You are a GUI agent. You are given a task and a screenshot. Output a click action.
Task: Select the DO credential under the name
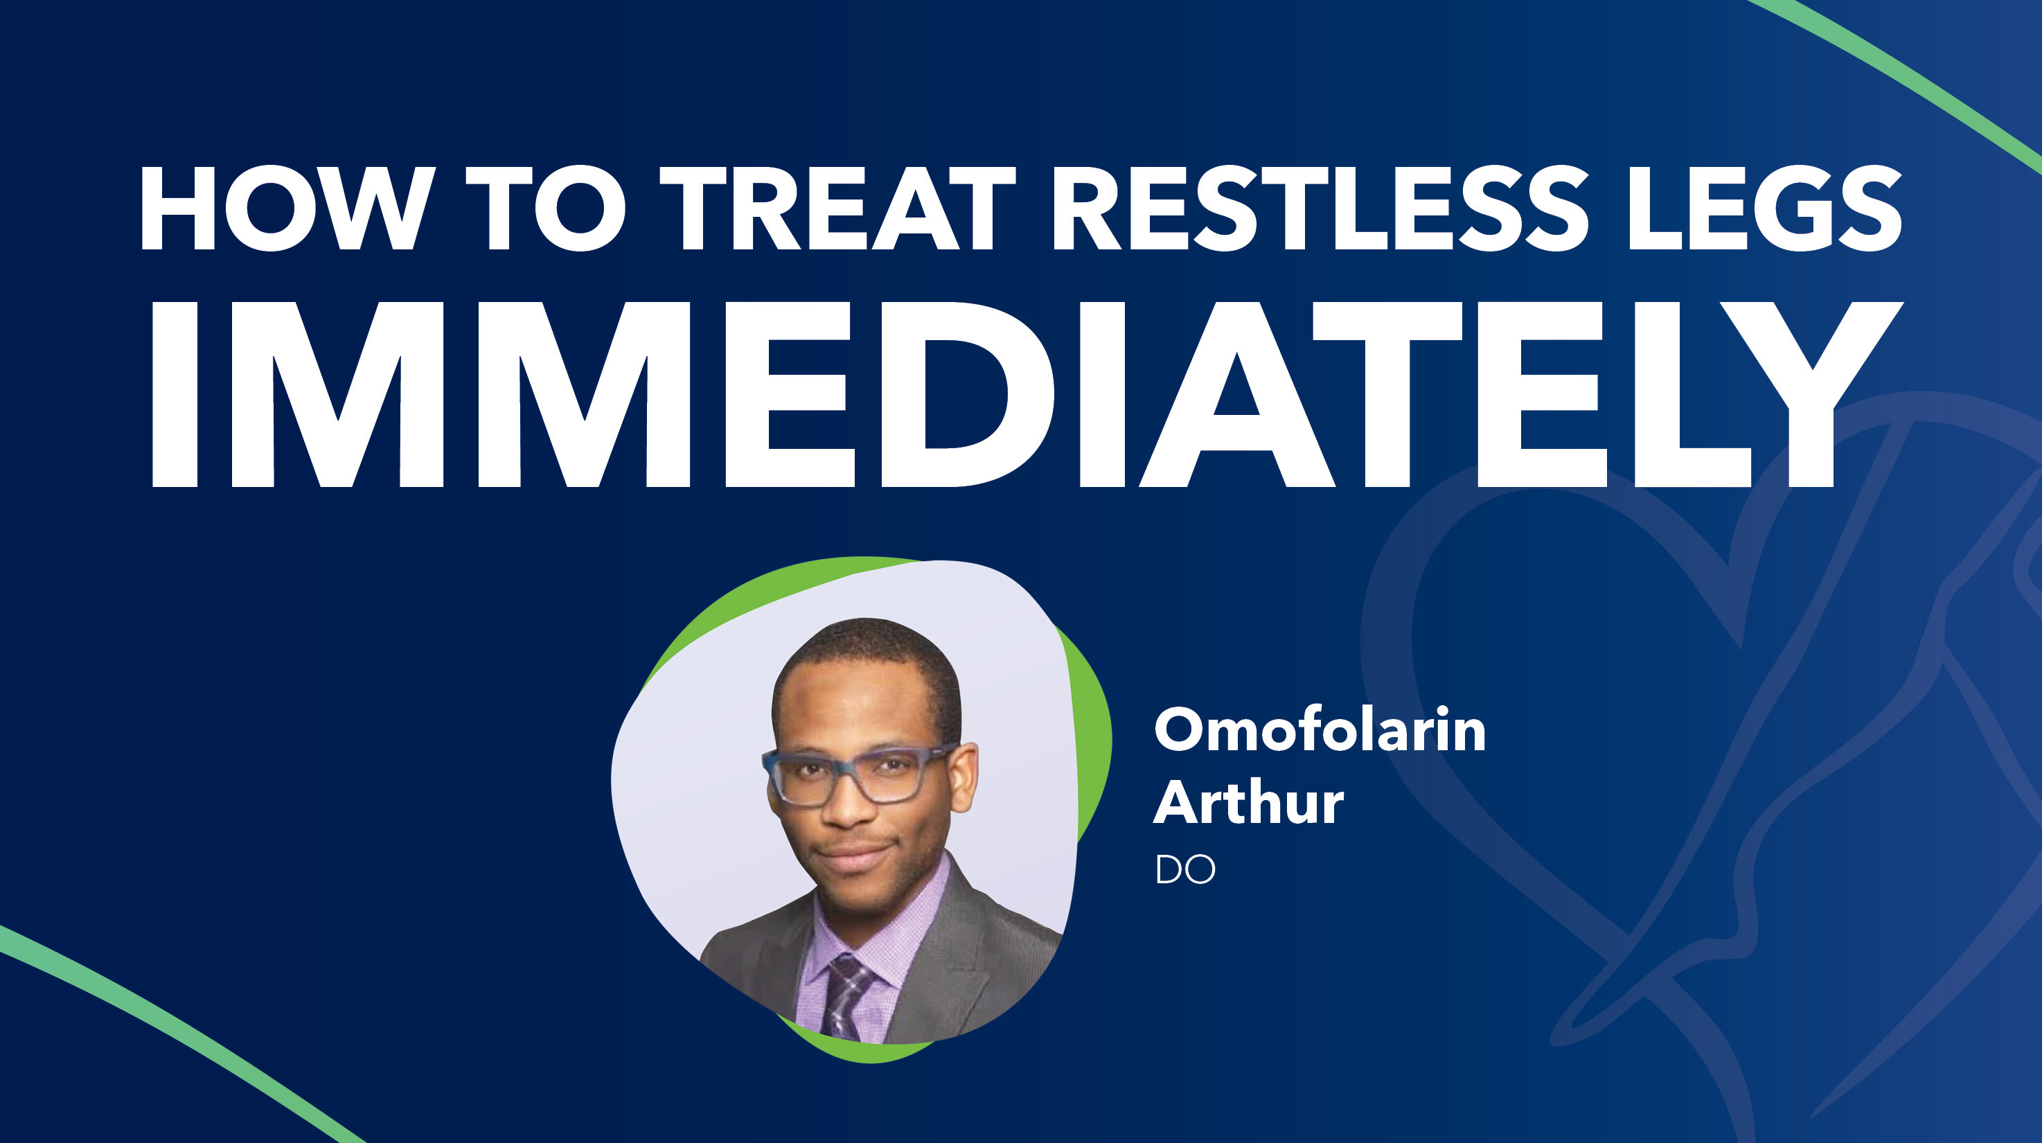pyautogui.click(x=1185, y=870)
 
